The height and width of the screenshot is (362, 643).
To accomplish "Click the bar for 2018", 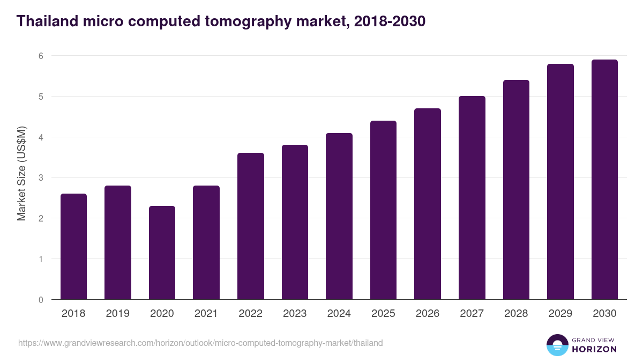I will click(73, 247).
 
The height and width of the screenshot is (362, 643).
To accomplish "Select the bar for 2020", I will click(162, 253).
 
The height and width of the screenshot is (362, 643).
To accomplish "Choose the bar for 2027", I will click(472, 198).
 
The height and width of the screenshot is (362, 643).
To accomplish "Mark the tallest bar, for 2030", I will click(604, 180).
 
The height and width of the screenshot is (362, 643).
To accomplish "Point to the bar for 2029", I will click(560, 182).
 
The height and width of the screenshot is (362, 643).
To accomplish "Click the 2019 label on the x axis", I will click(118, 314).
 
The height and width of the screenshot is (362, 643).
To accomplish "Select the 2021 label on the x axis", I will click(206, 314).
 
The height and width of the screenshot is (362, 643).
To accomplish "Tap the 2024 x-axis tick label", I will click(339, 314).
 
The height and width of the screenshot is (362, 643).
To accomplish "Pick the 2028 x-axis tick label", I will click(515, 314).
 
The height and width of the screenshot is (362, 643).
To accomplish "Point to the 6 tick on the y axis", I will click(40, 56).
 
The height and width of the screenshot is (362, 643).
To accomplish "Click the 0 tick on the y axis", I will click(40, 300).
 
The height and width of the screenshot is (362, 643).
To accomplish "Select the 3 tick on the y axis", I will click(40, 178).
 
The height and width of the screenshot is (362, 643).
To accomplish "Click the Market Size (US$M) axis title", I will click(21, 174).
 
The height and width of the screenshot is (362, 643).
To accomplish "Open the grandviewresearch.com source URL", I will click(200, 343).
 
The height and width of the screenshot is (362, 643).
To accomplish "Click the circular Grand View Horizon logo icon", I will click(557, 345).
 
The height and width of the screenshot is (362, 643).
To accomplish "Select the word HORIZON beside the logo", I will click(594, 349).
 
